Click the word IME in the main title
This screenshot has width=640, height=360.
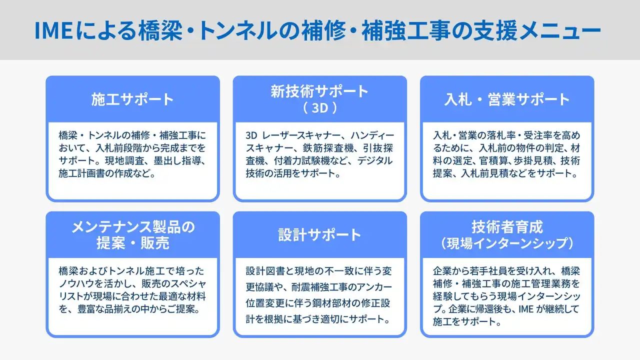click(53, 30)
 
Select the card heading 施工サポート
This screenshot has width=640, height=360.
click(132, 99)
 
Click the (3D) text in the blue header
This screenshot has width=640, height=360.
click(320, 108)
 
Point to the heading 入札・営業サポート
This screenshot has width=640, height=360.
click(507, 99)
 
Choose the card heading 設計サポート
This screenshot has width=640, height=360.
click(319, 235)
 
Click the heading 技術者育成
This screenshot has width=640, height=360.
click(507, 227)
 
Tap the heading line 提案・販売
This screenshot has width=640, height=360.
click(133, 243)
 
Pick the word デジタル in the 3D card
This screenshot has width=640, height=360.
click(375, 160)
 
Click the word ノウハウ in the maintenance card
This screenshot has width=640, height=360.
click(76, 283)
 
